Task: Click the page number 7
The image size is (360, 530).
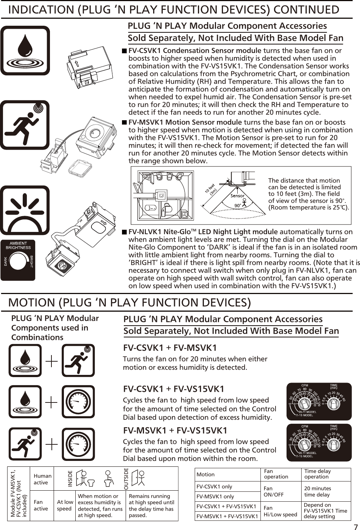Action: coord(355,526)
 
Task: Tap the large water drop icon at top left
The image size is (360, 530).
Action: coord(25,50)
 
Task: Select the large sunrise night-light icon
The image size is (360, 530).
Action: coord(25,210)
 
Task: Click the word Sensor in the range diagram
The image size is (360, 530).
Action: coord(238,196)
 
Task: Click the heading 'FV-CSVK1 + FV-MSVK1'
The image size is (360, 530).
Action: coord(170,348)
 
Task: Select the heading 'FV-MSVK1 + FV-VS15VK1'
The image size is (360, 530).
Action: coord(175,430)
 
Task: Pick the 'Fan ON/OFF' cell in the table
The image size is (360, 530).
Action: coord(274,491)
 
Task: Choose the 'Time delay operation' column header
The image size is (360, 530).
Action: coord(317,474)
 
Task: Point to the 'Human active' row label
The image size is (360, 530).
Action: coord(42,479)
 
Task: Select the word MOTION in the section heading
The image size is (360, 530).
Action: coord(32,302)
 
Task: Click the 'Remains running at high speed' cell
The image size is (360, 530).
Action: coord(151,505)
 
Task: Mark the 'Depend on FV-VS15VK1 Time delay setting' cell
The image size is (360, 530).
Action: coord(325,511)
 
